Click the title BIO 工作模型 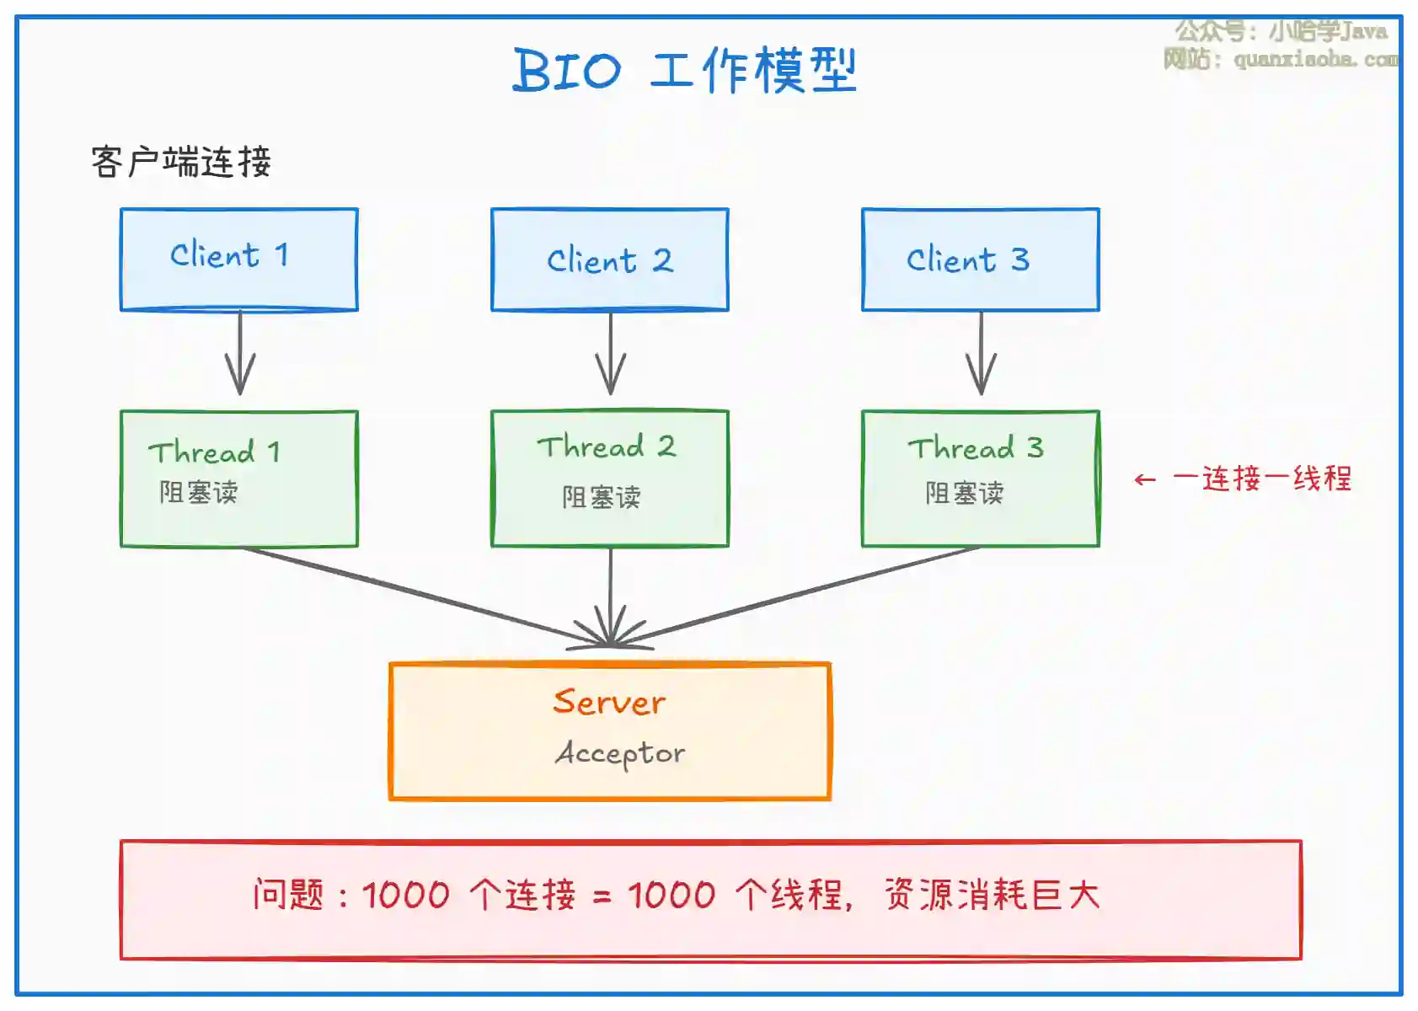pos(684,70)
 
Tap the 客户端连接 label pos(181,162)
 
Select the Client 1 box pos(239,259)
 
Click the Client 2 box pos(610,259)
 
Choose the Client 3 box pos(980,259)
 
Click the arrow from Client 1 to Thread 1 pos(240,354)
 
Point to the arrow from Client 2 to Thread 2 pos(611,354)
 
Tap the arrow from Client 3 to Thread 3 pos(981,354)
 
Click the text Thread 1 pos(214,452)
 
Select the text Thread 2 pos(607,447)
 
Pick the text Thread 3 pos(976,448)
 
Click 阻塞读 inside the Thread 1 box pos(199,492)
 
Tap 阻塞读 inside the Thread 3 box pos(965,493)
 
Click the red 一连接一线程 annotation pos(1262,479)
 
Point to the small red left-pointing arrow pos(1145,480)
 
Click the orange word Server pos(609,702)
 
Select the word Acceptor pos(620,753)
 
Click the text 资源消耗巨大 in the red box pos(992,895)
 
